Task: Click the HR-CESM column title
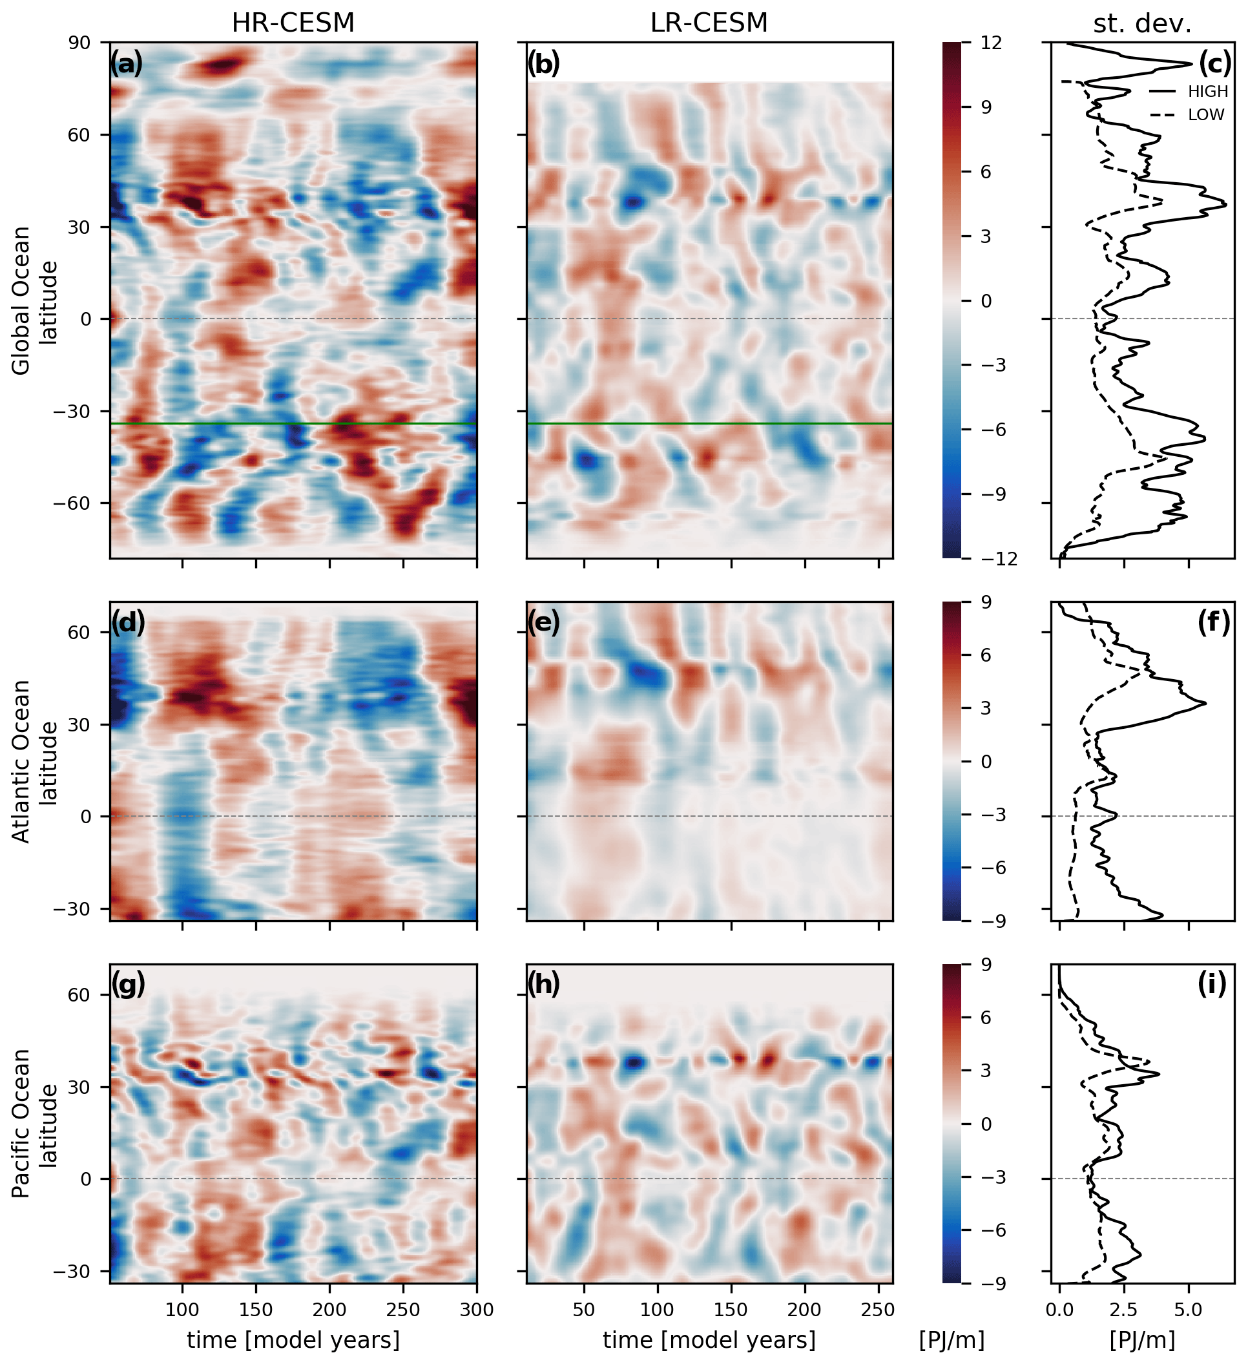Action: tap(293, 23)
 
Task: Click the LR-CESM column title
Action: tap(708, 23)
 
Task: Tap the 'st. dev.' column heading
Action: tap(1142, 25)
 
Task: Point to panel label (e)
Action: tap(543, 622)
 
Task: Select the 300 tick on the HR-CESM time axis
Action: tap(477, 1310)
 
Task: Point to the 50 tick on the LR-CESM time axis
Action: tap(584, 1310)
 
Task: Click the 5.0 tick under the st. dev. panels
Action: tap(1188, 1310)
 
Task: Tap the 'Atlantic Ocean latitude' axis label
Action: tap(34, 761)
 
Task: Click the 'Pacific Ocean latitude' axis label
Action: tap(34, 1123)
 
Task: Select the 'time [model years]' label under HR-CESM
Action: tap(293, 1340)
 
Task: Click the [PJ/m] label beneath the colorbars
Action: tap(951, 1340)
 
